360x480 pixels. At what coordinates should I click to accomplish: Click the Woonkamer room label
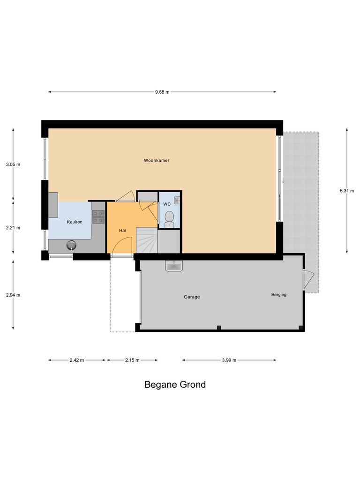pos(157,160)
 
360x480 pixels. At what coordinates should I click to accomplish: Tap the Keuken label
pos(75,222)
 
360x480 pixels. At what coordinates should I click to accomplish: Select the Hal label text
pos(122,230)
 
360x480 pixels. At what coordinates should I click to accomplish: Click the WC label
pos(167,204)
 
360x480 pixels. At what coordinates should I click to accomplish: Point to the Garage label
pos(192,297)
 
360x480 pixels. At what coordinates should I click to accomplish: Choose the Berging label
pos(278,295)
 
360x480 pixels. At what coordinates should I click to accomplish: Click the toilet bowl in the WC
pos(169,218)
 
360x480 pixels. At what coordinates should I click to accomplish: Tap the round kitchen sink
pos(71,244)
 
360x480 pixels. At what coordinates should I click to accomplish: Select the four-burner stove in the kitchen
pos(98,216)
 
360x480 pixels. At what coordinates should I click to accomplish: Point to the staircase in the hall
pos(147,240)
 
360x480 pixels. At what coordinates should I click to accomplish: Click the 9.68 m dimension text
pos(162,92)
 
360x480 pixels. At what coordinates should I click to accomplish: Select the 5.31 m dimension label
pos(347,191)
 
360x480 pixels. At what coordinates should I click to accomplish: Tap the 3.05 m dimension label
pos(13,165)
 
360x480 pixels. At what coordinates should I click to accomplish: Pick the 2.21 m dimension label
pos(13,228)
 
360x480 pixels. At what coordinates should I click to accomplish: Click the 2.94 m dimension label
pos(13,295)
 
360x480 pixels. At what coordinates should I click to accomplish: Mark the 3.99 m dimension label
pos(229,360)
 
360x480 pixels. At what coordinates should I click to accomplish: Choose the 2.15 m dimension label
pos(132,360)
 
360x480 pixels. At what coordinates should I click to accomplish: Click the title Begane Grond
pos(175,385)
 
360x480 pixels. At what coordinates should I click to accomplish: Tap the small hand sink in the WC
pos(177,200)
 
